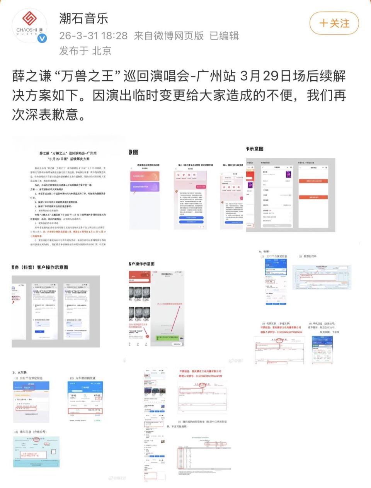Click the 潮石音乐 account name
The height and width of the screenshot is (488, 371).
point(83,19)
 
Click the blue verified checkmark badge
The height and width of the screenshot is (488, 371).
point(42,38)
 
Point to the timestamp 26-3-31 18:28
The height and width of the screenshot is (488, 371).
point(93,36)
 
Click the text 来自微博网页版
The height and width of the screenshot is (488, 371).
point(168,36)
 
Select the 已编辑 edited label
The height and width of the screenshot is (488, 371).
point(224,36)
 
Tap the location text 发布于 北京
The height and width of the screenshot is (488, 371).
point(85,51)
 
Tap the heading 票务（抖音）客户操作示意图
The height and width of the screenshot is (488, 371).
point(40,267)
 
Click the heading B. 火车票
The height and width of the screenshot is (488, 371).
point(20,373)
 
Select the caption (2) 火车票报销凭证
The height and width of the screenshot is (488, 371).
point(83,378)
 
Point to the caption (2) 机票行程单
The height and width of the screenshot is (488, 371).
point(308,256)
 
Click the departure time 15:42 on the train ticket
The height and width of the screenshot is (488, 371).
point(73,396)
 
